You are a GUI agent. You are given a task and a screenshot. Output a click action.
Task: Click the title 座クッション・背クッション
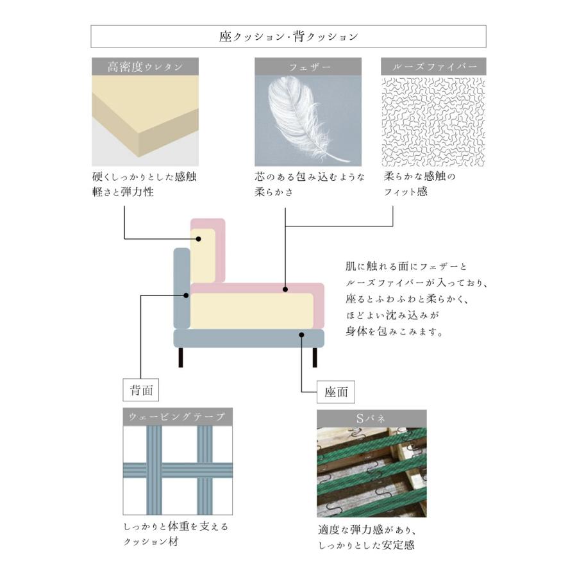(288, 37)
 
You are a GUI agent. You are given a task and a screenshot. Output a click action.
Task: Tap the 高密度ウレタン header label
(145, 67)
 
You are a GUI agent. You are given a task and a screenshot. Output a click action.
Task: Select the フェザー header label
(308, 67)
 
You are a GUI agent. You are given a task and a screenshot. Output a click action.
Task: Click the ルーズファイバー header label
(434, 67)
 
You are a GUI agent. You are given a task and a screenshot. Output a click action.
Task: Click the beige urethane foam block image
(145, 119)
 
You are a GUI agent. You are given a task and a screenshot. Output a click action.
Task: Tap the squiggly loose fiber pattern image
(434, 122)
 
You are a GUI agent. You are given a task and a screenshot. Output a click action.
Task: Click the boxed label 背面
(140, 389)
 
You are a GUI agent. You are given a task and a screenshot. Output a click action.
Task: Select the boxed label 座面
(335, 392)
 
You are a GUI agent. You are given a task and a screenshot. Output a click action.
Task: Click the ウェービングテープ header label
(178, 417)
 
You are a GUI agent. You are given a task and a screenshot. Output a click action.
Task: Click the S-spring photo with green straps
(371, 472)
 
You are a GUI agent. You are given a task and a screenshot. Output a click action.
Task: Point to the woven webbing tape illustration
(178, 470)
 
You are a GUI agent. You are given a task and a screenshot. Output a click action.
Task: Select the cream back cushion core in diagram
(204, 252)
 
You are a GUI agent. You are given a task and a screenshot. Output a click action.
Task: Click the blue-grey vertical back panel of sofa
(181, 288)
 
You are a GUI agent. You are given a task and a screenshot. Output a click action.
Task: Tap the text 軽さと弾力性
(123, 192)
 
